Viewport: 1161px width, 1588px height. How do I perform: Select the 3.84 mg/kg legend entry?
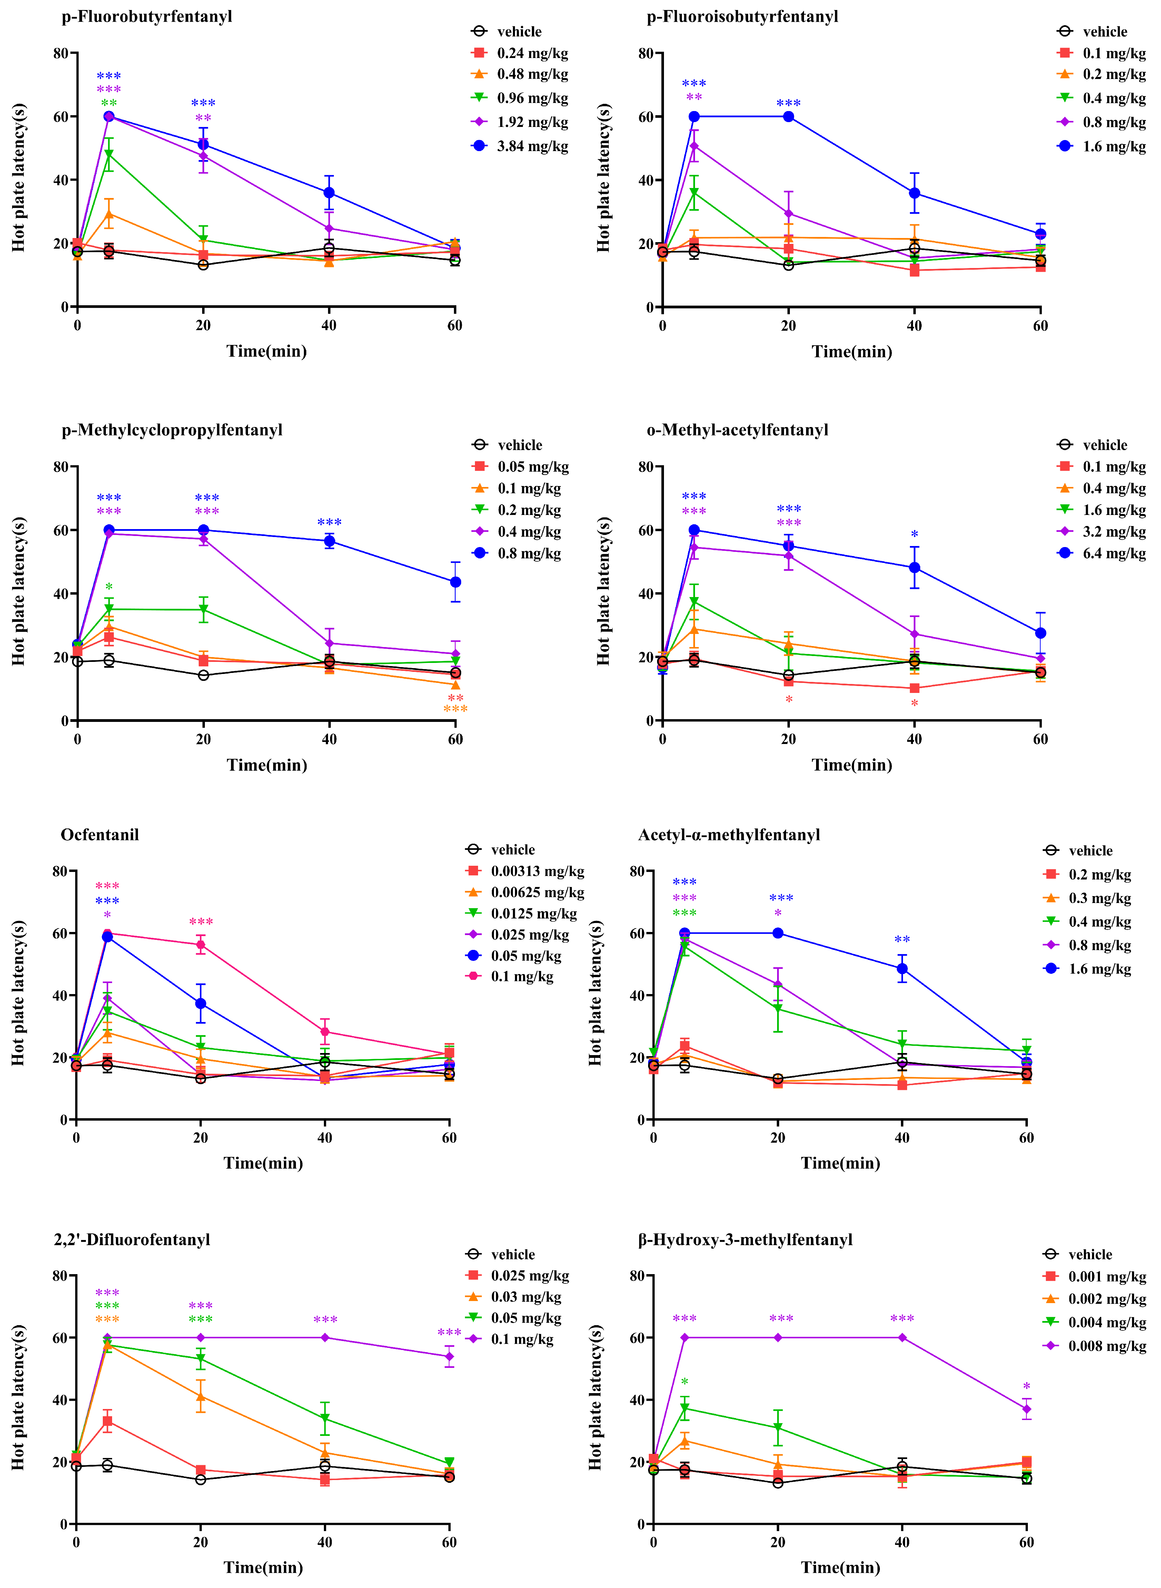click(x=520, y=146)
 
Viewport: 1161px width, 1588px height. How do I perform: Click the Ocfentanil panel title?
click(x=100, y=835)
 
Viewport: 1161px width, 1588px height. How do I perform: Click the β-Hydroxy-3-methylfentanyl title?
click(x=745, y=1240)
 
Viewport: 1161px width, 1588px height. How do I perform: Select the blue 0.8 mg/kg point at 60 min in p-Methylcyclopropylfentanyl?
click(x=455, y=582)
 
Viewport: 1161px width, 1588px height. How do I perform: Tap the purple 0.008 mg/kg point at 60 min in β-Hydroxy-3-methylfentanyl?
click(x=1027, y=1409)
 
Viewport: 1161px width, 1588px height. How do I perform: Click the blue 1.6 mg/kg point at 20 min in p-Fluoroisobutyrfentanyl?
click(x=788, y=117)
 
